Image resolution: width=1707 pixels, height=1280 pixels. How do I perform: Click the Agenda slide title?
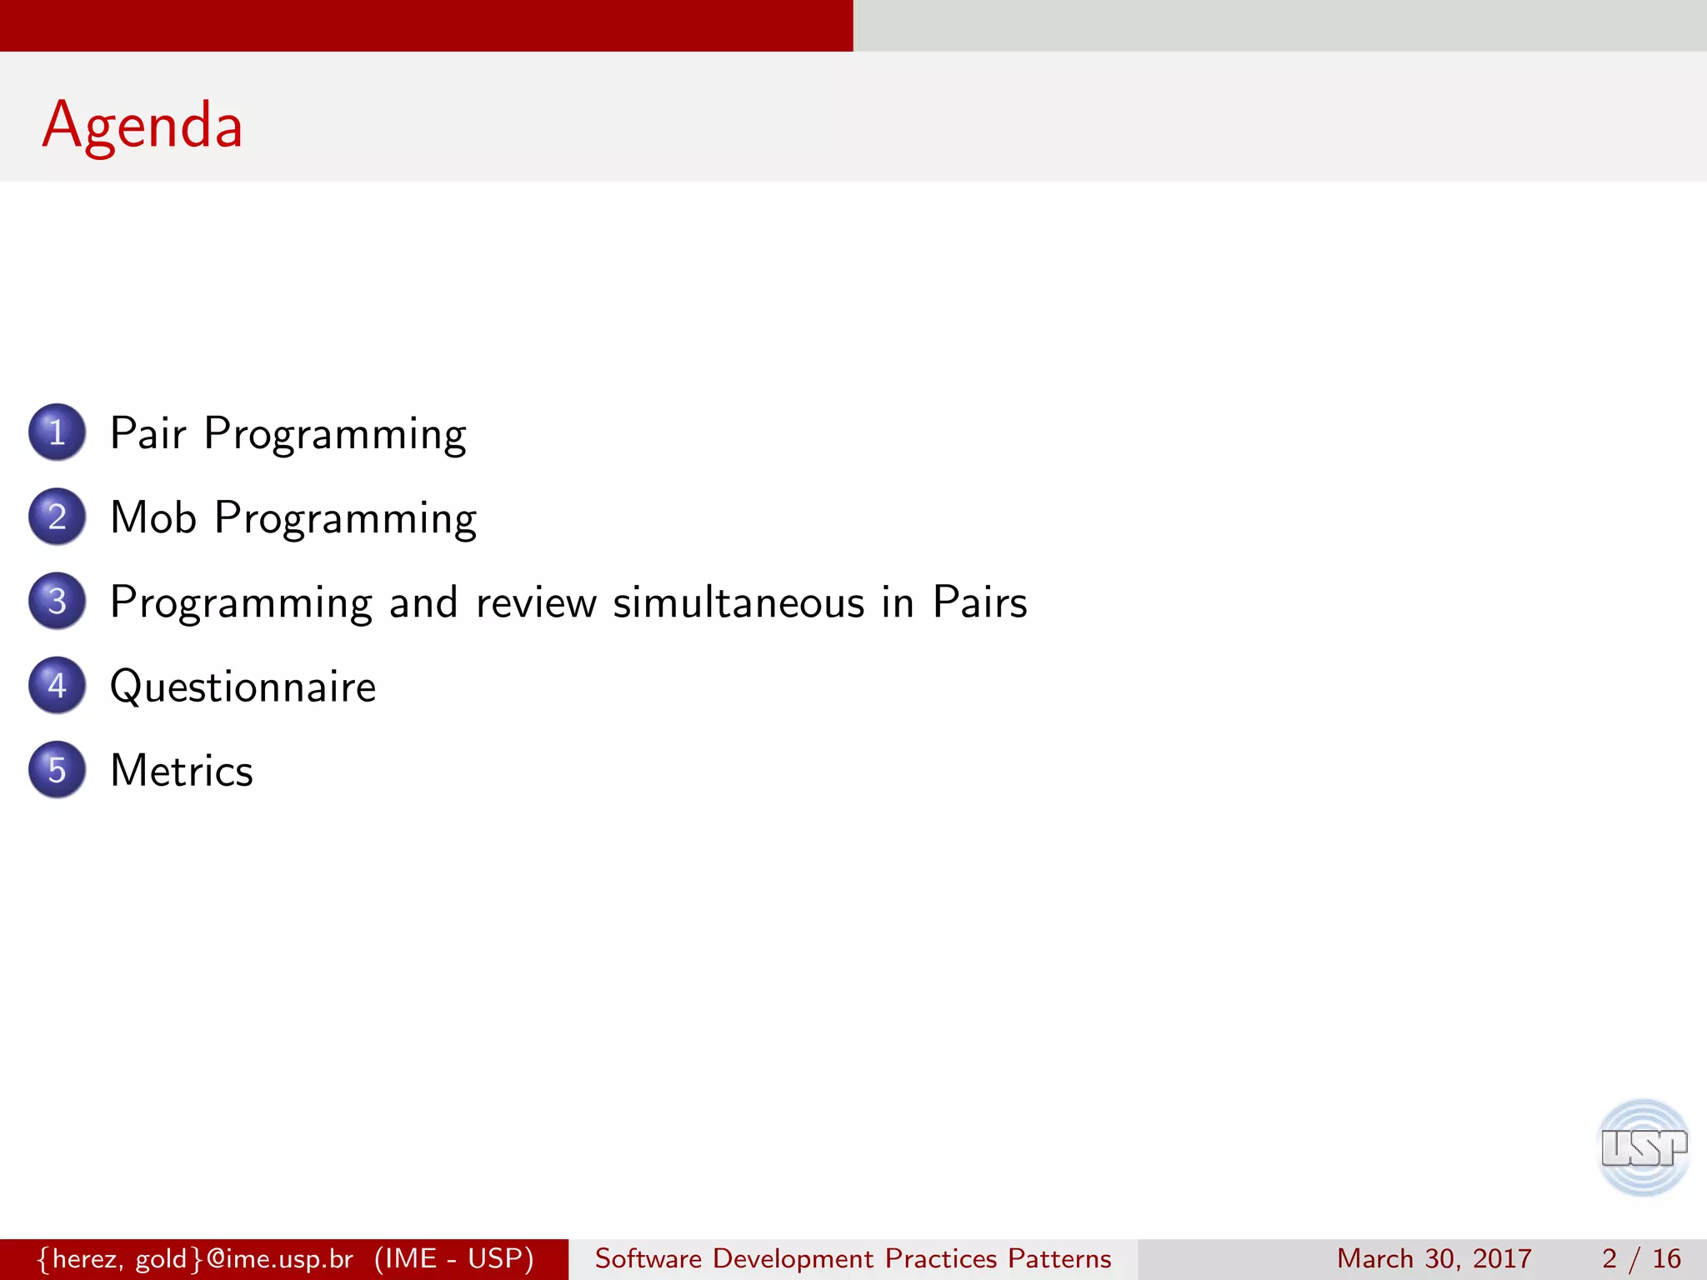143,125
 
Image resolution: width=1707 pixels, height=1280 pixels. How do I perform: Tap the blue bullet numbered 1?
57,432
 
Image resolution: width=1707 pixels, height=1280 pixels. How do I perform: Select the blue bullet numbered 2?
57,517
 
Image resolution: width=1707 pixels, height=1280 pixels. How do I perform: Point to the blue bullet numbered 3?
57,601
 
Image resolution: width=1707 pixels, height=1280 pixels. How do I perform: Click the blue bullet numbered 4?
57,685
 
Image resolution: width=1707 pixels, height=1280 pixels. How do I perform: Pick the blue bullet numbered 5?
57,769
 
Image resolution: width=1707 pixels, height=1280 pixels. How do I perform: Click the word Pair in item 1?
148,433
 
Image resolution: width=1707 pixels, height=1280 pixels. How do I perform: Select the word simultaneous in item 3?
738,602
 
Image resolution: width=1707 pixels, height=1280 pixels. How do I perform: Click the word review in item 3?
536,602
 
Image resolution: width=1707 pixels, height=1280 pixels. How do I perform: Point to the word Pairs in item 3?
979,602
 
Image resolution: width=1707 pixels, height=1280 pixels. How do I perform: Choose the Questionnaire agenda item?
243,687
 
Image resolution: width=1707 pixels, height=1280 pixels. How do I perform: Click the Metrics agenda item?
182,771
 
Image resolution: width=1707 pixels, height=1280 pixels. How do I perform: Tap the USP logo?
1643,1147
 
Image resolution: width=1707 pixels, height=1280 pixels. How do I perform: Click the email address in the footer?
196,1258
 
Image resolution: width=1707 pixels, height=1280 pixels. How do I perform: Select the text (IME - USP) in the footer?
454,1258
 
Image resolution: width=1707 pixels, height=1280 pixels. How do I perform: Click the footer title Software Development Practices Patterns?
853,1258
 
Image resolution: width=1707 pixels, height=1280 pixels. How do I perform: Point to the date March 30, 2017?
1434,1258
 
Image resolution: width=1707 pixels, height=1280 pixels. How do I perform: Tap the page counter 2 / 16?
1640,1258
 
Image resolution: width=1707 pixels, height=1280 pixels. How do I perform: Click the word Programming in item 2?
345,519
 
